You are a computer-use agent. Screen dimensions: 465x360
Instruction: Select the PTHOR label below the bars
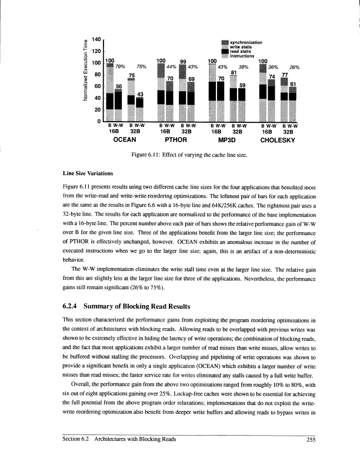(176, 141)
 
